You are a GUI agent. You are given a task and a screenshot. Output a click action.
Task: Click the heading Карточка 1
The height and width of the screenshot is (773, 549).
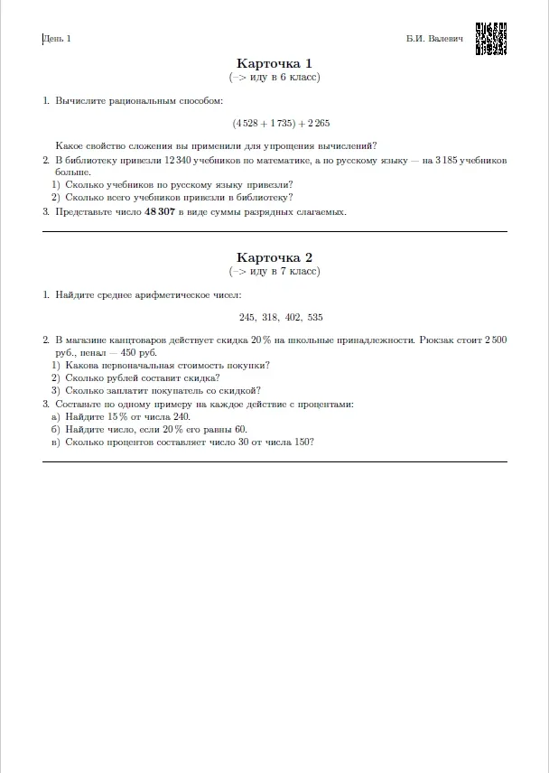click(x=274, y=63)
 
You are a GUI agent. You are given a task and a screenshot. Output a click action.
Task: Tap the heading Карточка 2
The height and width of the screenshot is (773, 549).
click(x=274, y=257)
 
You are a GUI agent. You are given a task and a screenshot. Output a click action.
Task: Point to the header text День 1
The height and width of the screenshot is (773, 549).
click(x=57, y=39)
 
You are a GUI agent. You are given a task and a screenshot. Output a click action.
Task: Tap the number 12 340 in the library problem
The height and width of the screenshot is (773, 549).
click(x=179, y=160)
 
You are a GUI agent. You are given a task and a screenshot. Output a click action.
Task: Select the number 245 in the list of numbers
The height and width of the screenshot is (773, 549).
click(x=248, y=317)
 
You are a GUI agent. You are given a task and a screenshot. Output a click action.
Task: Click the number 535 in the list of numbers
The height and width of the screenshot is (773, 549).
click(x=314, y=317)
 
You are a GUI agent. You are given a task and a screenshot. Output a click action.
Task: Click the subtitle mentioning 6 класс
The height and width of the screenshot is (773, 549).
click(x=274, y=77)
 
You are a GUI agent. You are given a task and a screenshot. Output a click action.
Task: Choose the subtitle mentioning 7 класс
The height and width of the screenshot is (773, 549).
click(x=274, y=271)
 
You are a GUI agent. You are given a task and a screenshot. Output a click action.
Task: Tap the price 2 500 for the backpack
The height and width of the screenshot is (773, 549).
click(x=495, y=340)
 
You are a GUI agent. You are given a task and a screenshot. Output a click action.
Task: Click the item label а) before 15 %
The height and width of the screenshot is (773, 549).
click(x=56, y=417)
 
